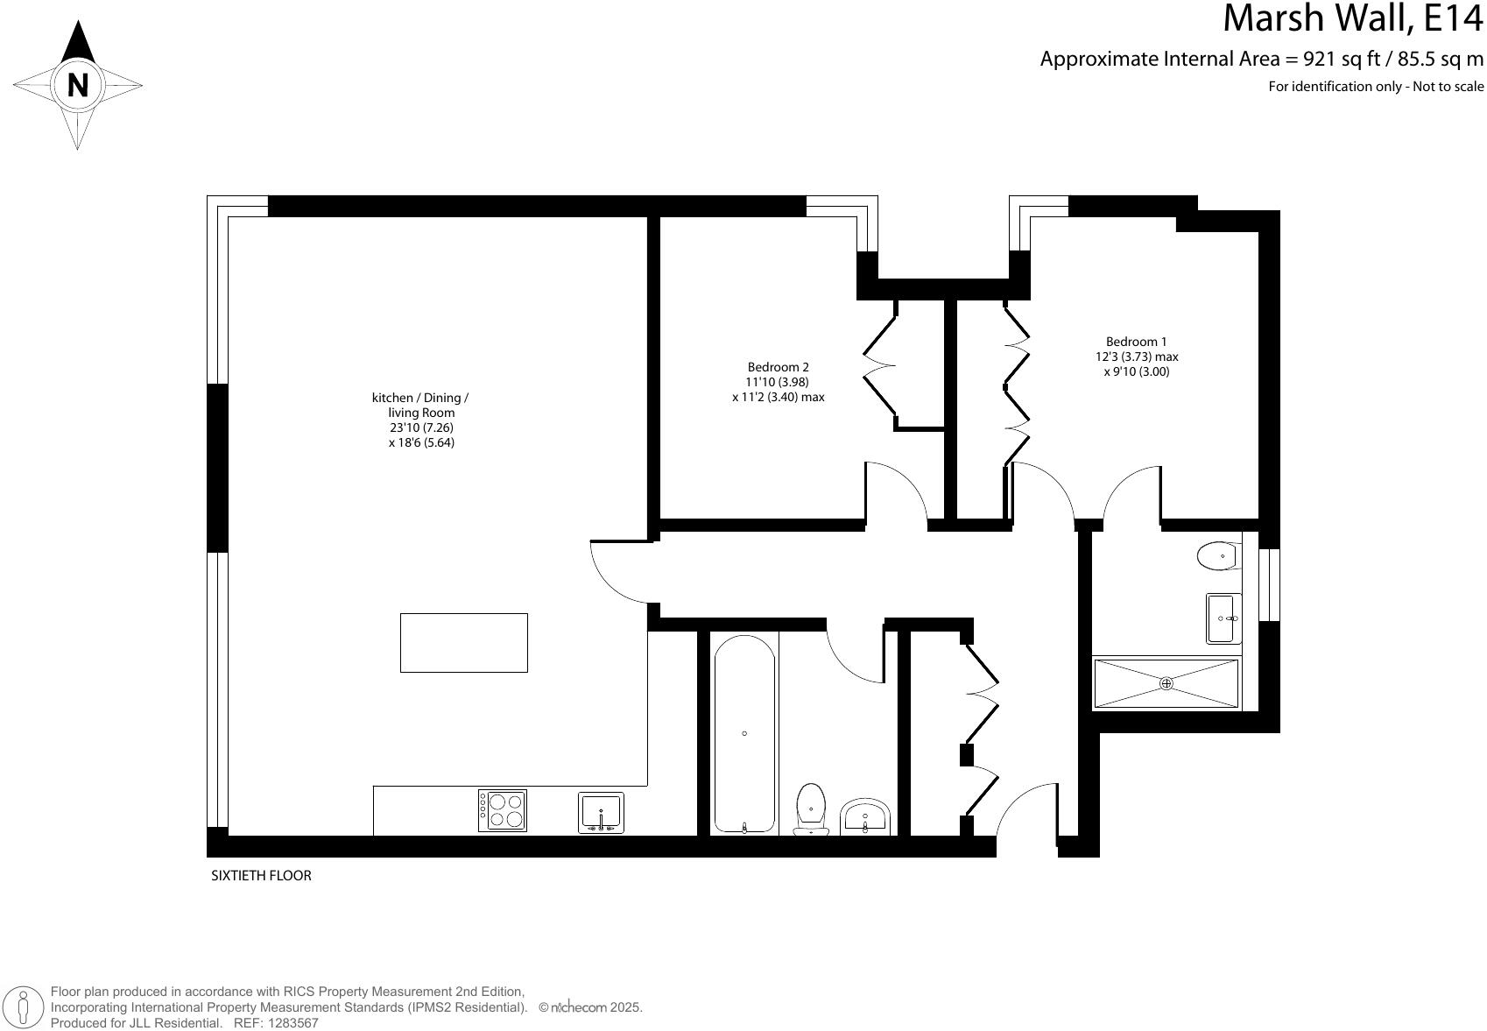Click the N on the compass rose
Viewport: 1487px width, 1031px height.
pyautogui.click(x=78, y=86)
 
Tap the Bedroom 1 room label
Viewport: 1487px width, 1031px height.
pyautogui.click(x=1136, y=342)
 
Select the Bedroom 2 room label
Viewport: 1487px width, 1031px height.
pyautogui.click(x=778, y=367)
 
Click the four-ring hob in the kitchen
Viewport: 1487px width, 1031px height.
pyautogui.click(x=503, y=810)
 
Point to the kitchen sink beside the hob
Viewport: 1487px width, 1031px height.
pyautogui.click(x=601, y=812)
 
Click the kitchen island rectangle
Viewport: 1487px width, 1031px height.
pyautogui.click(x=463, y=643)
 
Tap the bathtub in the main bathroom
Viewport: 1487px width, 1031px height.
pyautogui.click(x=744, y=733)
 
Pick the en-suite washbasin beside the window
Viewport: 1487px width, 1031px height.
pyautogui.click(x=1223, y=618)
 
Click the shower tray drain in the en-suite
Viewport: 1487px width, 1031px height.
pyautogui.click(x=1166, y=683)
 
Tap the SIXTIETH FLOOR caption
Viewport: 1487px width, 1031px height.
pyautogui.click(x=261, y=875)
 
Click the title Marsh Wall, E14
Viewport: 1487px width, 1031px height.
pyautogui.click(x=1352, y=19)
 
